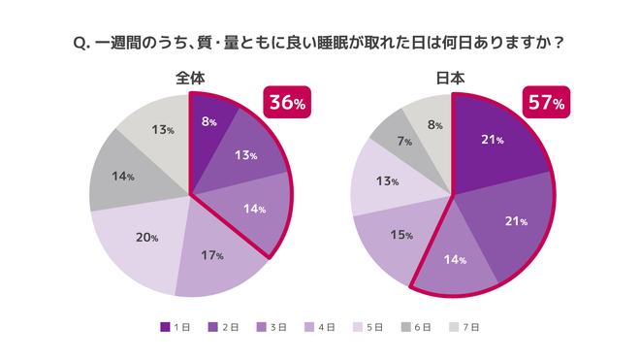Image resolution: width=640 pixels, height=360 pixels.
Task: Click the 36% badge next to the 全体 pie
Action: coord(287,102)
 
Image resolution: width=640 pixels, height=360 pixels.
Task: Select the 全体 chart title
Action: coord(190,79)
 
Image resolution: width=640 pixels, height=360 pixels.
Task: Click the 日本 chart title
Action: coord(452,79)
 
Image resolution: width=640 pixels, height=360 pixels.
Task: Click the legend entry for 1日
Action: coord(176,327)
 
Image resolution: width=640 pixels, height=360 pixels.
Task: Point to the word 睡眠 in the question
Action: coord(350,44)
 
